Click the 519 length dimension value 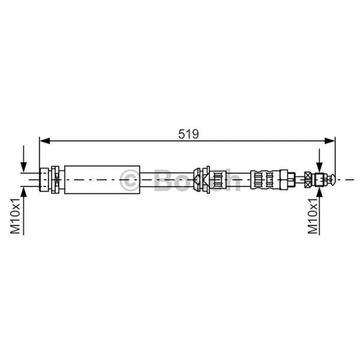pyautogui.click(x=189, y=134)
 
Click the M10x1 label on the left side pyautogui.click(x=15, y=216)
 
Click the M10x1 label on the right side pyautogui.click(x=313, y=216)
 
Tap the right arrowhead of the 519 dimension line pyautogui.click(x=330, y=141)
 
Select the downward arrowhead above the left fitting pyautogui.click(x=24, y=166)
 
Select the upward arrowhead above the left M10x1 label pyautogui.click(x=24, y=192)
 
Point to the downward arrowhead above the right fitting pyautogui.click(x=319, y=167)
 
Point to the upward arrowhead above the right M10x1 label pyautogui.click(x=319, y=193)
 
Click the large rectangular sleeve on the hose pyautogui.click(x=102, y=180)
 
